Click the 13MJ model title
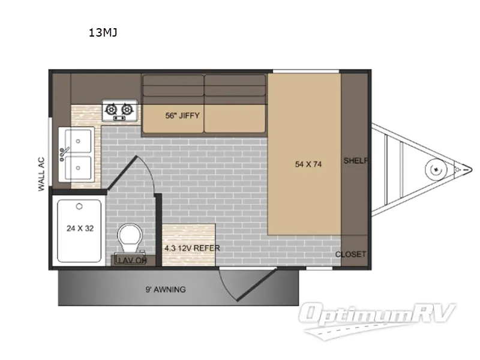[103, 33]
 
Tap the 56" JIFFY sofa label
[182, 115]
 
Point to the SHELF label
[355, 161]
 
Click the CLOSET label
[350, 254]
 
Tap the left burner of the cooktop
[112, 109]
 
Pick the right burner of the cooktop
[126, 109]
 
